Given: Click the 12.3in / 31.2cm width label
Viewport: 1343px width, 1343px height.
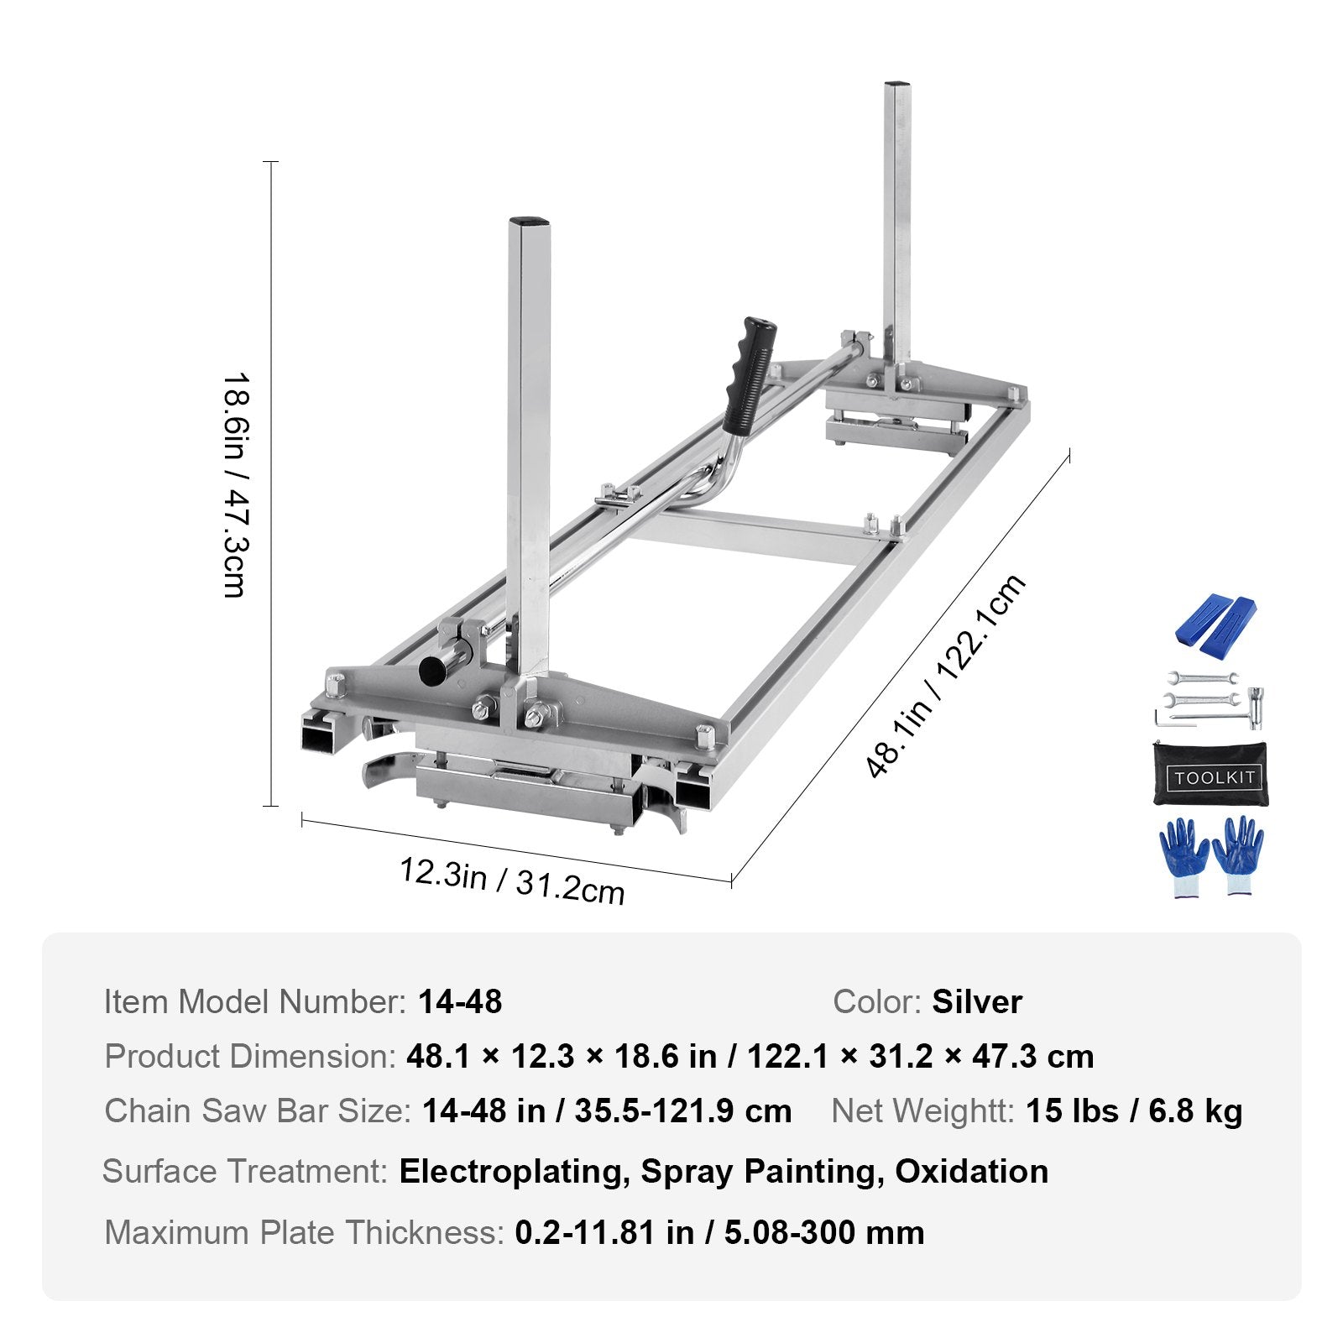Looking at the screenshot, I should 511,881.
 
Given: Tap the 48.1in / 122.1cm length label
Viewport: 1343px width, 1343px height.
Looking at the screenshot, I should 945,676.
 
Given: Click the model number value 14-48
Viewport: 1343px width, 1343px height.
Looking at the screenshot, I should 460,1001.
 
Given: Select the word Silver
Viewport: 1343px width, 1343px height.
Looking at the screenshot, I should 977,1001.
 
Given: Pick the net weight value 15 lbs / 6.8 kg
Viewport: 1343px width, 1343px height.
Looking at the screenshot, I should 1134,1110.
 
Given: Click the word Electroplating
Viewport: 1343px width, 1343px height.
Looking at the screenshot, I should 515,1171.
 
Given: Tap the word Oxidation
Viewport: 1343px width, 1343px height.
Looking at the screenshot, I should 971,1171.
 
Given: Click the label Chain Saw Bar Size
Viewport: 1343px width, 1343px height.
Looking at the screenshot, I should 258,1110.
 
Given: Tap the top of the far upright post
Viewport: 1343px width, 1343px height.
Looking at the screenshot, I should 897,86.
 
